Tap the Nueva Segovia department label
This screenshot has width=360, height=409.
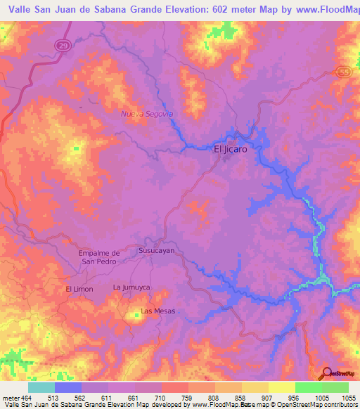pyautogui.click(x=146, y=113)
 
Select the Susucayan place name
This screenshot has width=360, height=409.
pyautogui.click(x=156, y=250)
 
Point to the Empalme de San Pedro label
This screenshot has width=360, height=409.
pyautogui.click(x=97, y=257)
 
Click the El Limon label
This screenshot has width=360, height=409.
pyautogui.click(x=79, y=289)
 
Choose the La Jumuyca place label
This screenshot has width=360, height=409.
pyautogui.click(x=132, y=287)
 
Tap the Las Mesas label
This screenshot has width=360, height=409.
pyautogui.click(x=157, y=311)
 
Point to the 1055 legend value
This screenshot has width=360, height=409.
pyautogui.click(x=348, y=398)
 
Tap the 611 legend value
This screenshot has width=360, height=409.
pyautogui.click(x=108, y=398)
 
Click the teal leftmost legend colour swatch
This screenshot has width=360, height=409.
pyautogui.click(x=41, y=387)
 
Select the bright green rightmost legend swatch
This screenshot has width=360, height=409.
pyautogui.click(x=335, y=387)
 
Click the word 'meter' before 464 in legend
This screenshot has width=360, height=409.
pyautogui.click(x=11, y=398)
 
